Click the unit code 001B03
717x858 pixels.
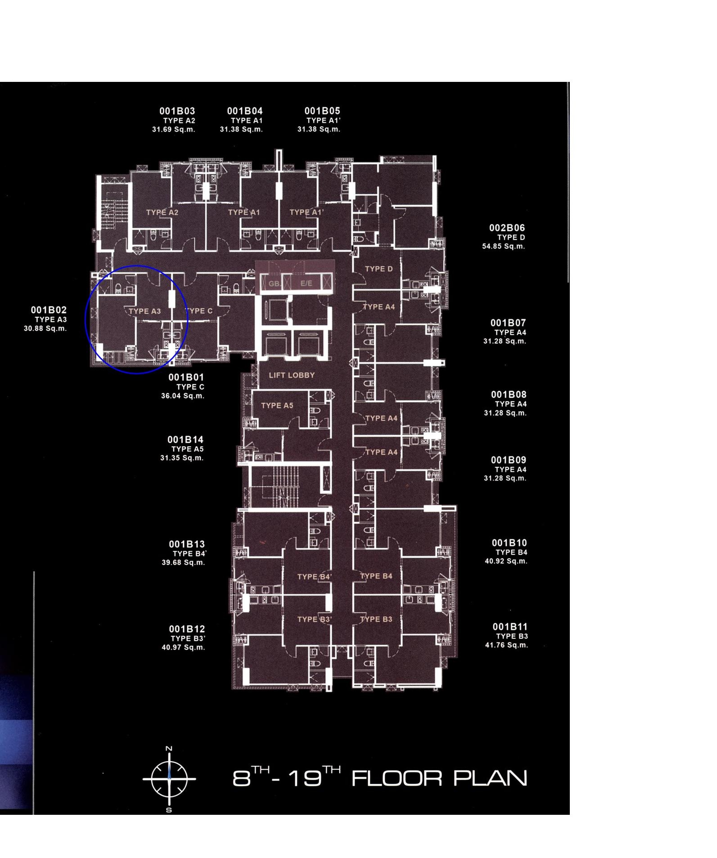(177, 111)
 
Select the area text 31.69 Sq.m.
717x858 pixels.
(173, 130)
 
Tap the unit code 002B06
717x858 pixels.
(507, 228)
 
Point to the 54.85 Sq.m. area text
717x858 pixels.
(503, 247)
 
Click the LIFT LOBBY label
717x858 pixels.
(292, 375)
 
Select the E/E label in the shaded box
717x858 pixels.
(306, 283)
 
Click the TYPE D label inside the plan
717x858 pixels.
(379, 269)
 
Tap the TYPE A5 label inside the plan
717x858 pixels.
(277, 405)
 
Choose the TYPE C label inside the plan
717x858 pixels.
(199, 311)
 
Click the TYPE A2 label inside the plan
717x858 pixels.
(162, 212)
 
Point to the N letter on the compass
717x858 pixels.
(169, 749)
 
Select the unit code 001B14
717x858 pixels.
(185, 440)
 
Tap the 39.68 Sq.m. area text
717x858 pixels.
(183, 563)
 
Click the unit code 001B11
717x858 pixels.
(510, 627)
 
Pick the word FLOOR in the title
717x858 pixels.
(397, 778)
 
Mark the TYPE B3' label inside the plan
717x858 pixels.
(315, 620)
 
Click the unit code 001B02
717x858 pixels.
(49, 310)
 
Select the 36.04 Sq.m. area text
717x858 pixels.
(183, 396)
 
